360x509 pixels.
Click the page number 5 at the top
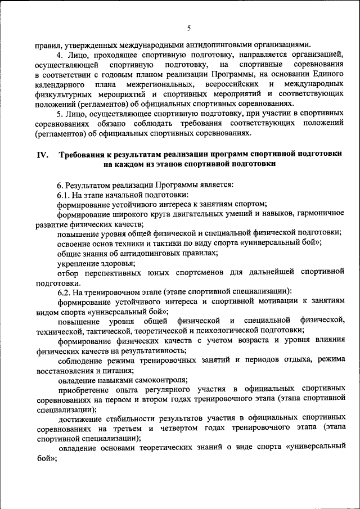(189, 29)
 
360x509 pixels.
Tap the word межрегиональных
(159, 84)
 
